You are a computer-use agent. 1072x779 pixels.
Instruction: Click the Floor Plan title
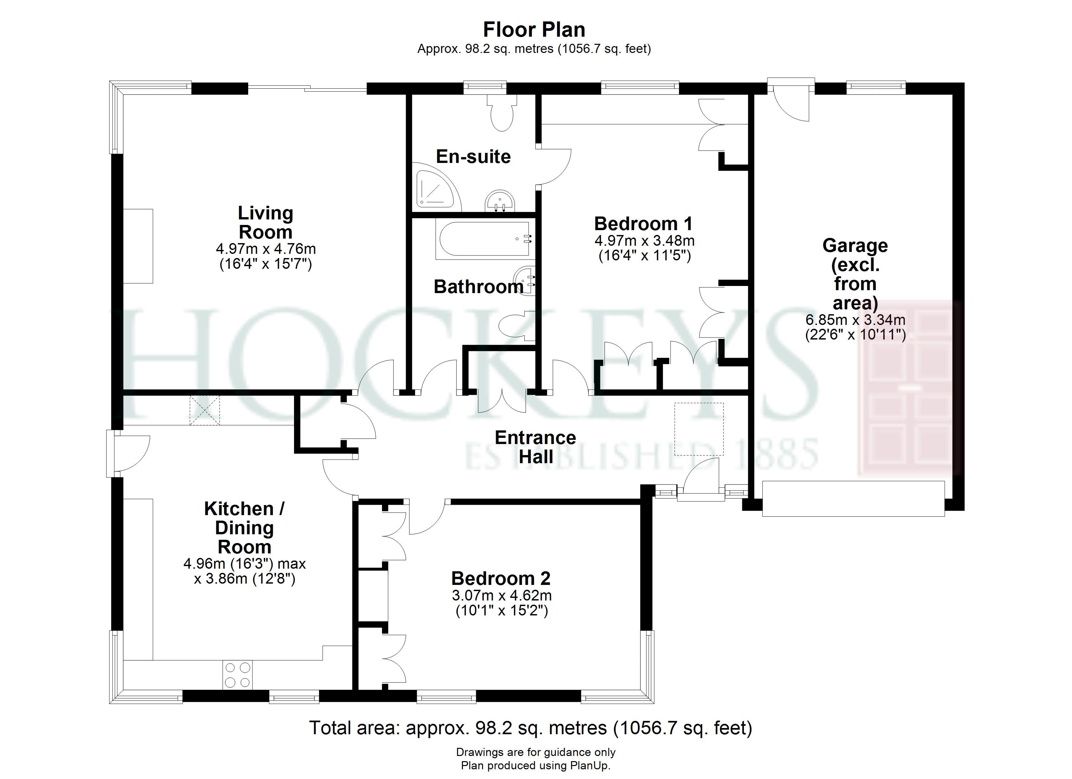(x=534, y=30)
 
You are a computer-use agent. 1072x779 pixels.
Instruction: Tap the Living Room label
(x=266, y=223)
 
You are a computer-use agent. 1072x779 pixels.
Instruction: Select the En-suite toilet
(x=502, y=112)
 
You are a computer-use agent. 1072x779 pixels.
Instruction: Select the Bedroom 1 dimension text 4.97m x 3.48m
(x=644, y=241)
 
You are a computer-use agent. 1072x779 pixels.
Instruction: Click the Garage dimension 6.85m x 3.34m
(x=856, y=320)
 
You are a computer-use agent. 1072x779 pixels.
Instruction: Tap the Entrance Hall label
(x=536, y=447)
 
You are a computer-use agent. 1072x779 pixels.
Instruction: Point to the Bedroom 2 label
(x=501, y=578)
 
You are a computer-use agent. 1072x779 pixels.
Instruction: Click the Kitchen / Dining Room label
(x=244, y=528)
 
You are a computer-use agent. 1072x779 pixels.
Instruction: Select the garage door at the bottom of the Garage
(x=854, y=498)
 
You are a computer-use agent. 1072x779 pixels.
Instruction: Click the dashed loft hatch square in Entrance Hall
(x=699, y=429)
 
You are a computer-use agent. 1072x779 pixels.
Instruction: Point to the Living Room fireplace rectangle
(x=138, y=246)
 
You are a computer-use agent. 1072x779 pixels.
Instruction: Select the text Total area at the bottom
(x=353, y=728)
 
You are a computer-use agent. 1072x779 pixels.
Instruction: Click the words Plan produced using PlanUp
(x=536, y=765)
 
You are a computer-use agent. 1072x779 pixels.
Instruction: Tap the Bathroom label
(x=478, y=287)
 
